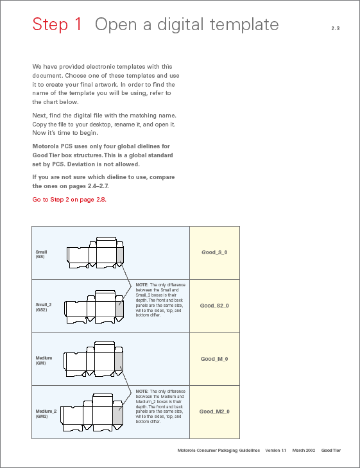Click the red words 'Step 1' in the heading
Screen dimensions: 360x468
pos(57,24)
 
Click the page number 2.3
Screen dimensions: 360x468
pos(335,28)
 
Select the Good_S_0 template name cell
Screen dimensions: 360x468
pos(214,252)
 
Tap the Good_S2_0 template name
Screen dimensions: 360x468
pos(214,306)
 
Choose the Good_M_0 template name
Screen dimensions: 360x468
pos(214,359)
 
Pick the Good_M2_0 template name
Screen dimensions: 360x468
pos(214,412)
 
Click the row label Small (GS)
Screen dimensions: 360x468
pos(41,254)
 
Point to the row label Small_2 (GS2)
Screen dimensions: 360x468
pos(44,307)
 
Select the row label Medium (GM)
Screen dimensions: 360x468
pos(44,360)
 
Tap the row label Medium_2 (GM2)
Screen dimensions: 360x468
pos(46,413)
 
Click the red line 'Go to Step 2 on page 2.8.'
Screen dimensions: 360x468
pos(69,200)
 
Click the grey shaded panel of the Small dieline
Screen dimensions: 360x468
pos(119,256)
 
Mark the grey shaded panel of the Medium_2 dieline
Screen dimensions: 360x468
pos(118,415)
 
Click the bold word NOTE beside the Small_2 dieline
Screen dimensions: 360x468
pos(142,285)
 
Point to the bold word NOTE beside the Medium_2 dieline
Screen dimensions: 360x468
pos(142,392)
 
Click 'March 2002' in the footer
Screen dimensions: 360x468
pos(304,451)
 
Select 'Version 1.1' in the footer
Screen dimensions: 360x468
pos(275,451)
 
